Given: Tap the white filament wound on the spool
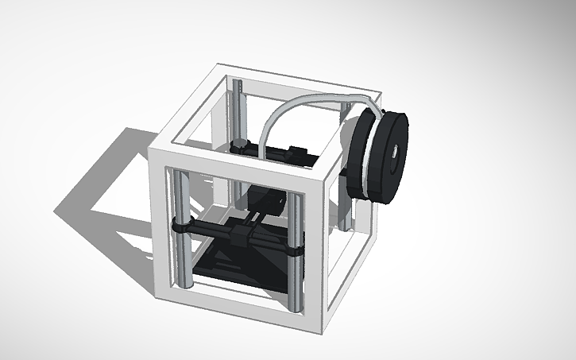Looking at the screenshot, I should point(364,155).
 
